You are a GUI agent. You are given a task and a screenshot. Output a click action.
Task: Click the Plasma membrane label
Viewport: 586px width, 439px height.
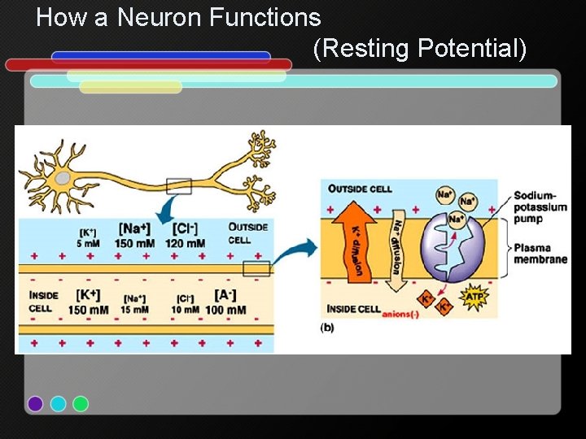pyautogui.click(x=540, y=253)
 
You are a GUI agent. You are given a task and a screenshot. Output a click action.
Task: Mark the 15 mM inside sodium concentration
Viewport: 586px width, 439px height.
pyautogui.click(x=135, y=310)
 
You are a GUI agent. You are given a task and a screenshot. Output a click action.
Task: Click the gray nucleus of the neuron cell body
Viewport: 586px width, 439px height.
pyautogui.click(x=63, y=178)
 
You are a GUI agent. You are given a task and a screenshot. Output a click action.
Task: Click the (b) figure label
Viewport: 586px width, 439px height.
pyautogui.click(x=326, y=327)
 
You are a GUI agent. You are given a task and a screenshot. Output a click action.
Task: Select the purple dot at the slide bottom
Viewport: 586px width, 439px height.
pyautogui.click(x=35, y=403)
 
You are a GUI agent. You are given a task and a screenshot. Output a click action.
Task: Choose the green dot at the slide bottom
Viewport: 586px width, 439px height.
pyautogui.click(x=81, y=403)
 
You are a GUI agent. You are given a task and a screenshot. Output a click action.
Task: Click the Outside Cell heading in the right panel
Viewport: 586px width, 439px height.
pyautogui.click(x=360, y=189)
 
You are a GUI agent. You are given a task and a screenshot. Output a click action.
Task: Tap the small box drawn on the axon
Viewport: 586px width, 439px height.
pyautogui.click(x=178, y=186)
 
